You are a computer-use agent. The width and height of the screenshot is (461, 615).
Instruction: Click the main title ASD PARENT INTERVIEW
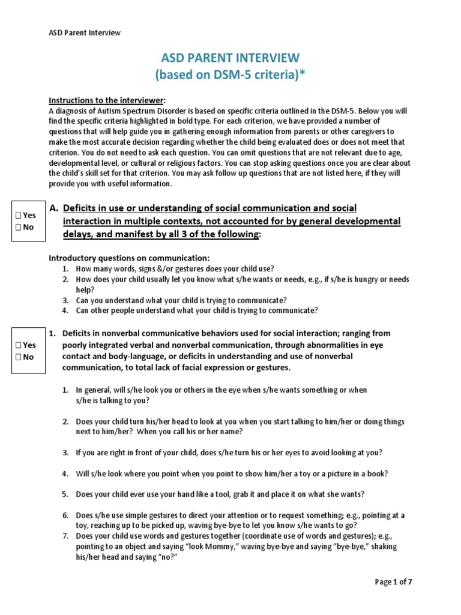(230, 58)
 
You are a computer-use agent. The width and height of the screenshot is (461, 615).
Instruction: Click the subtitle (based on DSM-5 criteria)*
(230, 76)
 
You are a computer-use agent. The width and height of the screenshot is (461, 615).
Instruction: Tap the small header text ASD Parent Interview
(84, 32)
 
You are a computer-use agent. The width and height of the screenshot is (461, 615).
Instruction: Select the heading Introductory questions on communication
(128, 258)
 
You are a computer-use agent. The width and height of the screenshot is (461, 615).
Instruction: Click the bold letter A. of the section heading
(53, 208)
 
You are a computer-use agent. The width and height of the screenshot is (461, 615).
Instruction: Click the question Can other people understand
(196, 311)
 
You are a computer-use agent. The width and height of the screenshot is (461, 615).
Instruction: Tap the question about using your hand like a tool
(220, 494)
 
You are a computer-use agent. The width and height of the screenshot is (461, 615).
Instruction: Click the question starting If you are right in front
(229, 452)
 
